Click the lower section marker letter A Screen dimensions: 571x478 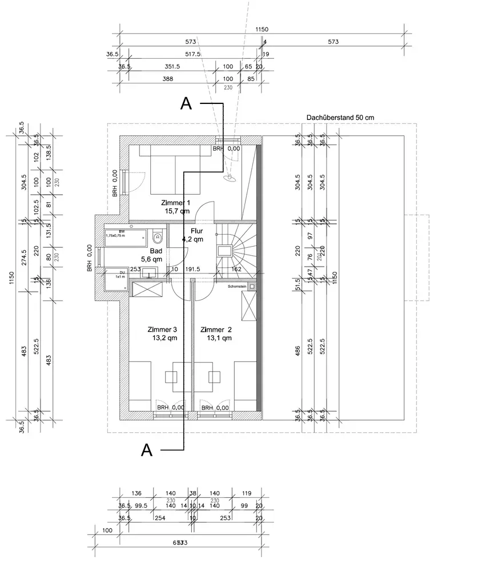pos(146,450)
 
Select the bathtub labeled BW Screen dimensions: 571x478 pos(126,237)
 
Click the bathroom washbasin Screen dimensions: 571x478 pos(149,273)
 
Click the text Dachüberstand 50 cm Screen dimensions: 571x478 pos(340,117)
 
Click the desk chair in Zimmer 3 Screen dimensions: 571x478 pos(172,376)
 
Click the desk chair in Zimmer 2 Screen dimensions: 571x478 pos(215,376)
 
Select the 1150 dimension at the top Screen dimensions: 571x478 pos(262,30)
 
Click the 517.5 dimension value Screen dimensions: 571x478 pos(193,54)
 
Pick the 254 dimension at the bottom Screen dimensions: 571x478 pos(160,518)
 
